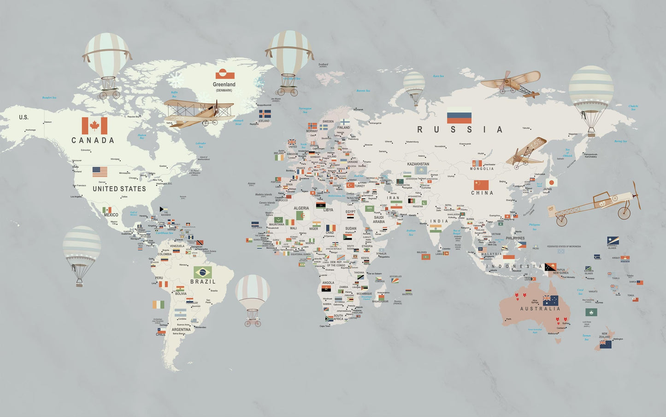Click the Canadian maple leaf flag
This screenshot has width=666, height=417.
[94, 126]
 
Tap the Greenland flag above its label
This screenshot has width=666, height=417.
[225, 74]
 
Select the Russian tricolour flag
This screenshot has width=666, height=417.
[459, 115]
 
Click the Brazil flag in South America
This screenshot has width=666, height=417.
[203, 272]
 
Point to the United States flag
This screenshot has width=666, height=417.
[100, 172]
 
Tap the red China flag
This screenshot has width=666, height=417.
[480, 185]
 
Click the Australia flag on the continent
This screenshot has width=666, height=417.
[550, 301]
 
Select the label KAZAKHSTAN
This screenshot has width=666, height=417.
[418, 164]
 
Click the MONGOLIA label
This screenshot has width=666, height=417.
[482, 169]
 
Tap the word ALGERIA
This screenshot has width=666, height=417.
[301, 208]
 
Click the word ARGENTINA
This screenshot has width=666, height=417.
[181, 330]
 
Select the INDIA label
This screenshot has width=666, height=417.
[439, 221]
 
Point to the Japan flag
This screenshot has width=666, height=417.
[552, 182]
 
